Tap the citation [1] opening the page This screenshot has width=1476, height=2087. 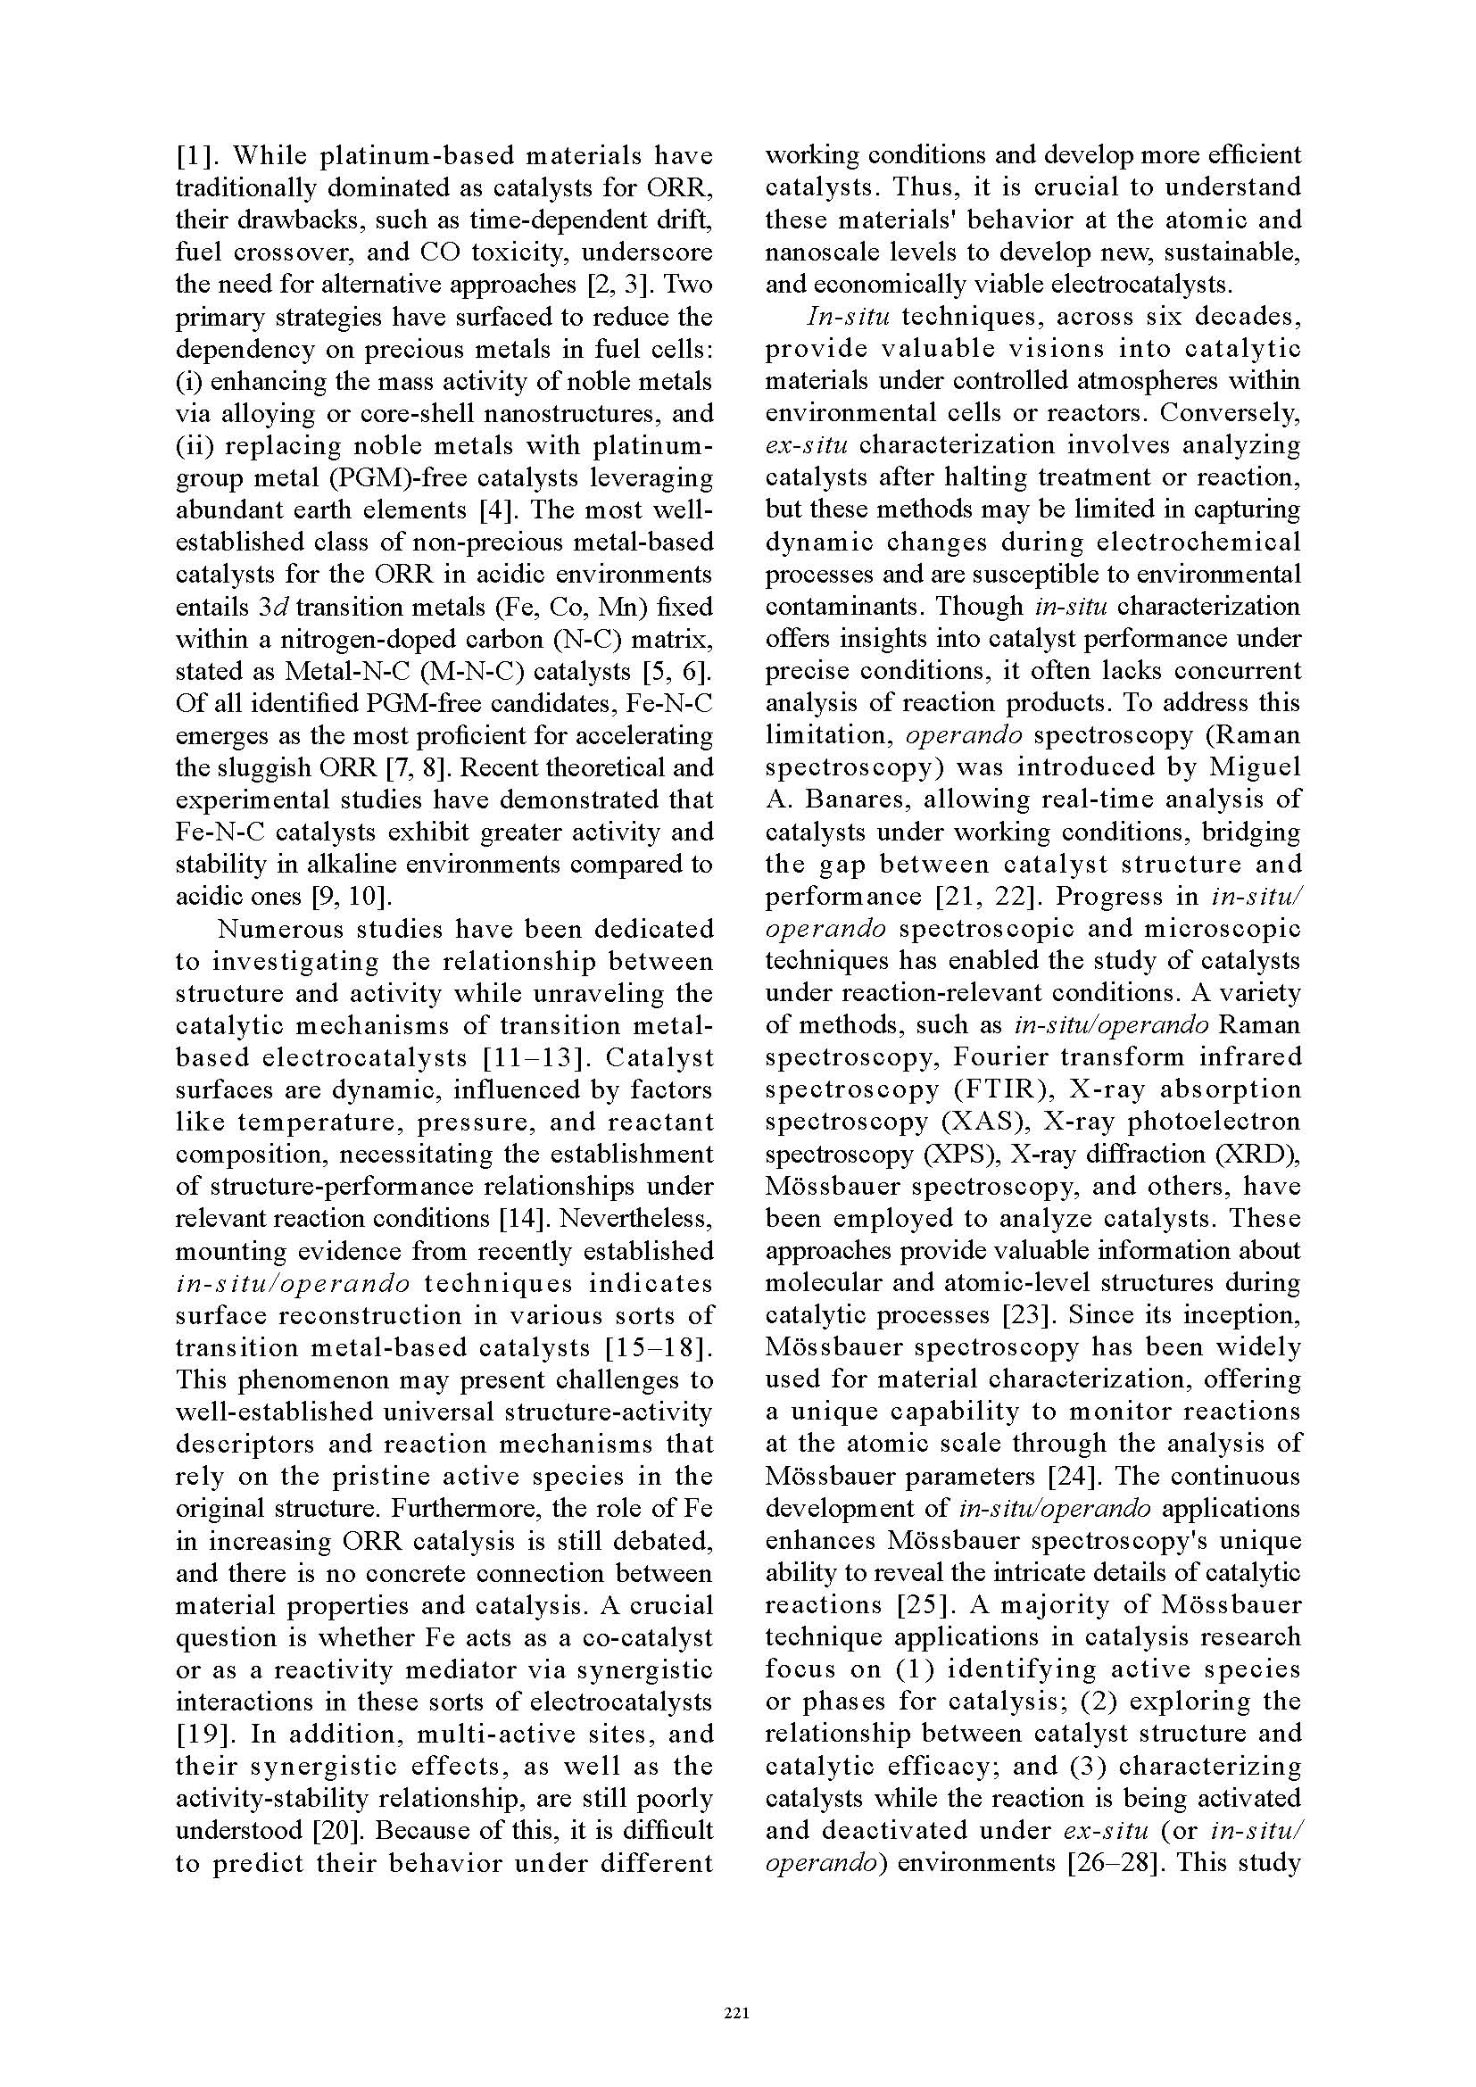coord(193,155)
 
